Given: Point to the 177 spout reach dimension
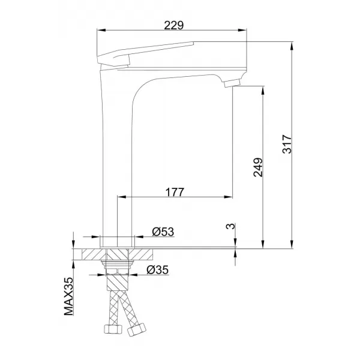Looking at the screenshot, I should pyautogui.click(x=174, y=192).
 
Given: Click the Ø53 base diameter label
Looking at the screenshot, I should pyautogui.click(x=163, y=232).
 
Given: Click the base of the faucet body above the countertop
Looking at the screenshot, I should pyautogui.click(x=116, y=239).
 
